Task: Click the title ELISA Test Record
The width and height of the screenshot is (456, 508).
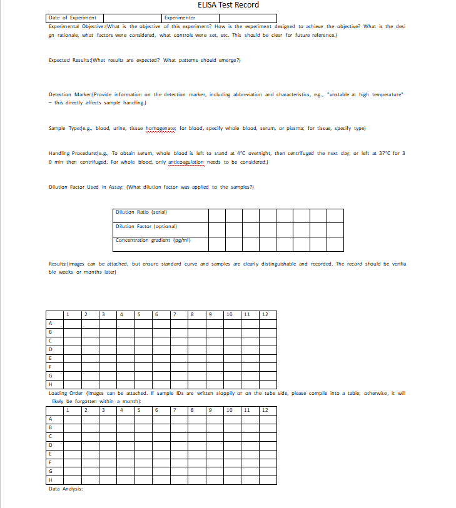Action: click(x=228, y=5)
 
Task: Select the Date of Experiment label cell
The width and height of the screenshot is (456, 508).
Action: click(x=74, y=18)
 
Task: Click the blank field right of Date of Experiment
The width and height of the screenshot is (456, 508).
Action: click(x=132, y=18)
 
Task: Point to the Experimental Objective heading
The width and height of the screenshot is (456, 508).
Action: click(x=76, y=26)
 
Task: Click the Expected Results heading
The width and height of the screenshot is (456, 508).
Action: click(x=69, y=60)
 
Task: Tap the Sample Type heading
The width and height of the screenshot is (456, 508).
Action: click(x=64, y=128)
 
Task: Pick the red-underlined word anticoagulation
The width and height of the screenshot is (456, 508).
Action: click(x=186, y=162)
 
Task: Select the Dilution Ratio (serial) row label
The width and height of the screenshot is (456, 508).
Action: click(x=141, y=212)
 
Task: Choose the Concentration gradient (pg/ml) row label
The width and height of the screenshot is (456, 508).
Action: click(x=153, y=240)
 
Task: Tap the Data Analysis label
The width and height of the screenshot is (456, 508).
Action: click(x=66, y=489)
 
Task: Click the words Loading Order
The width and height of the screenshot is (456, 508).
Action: click(x=66, y=393)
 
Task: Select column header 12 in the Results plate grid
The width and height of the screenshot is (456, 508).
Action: click(x=265, y=314)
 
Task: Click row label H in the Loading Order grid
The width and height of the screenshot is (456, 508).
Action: click(x=50, y=480)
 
